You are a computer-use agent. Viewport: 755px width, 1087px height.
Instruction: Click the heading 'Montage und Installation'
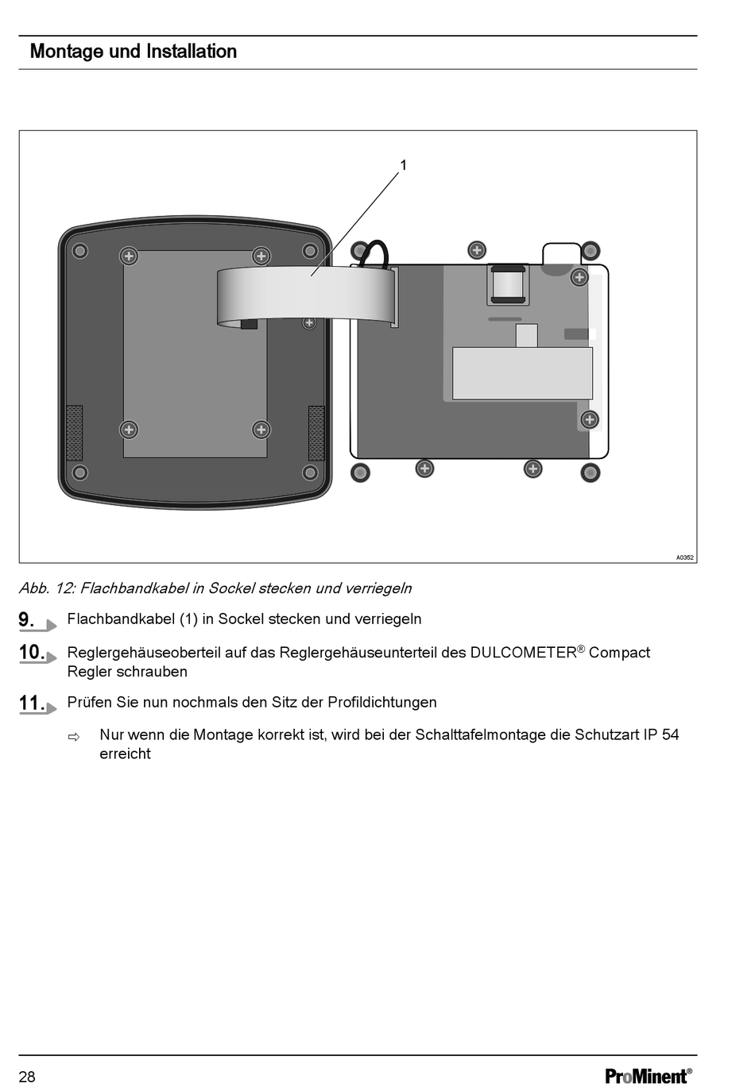pyautogui.click(x=134, y=52)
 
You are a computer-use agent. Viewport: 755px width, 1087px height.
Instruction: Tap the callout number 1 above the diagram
pyautogui.click(x=403, y=165)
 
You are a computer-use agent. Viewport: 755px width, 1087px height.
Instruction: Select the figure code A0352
pyautogui.click(x=684, y=557)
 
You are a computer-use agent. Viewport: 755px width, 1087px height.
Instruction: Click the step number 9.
pyautogui.click(x=26, y=619)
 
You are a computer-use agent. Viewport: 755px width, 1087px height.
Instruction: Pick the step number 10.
pyautogui.click(x=32, y=652)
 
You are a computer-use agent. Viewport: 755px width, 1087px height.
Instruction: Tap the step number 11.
pyautogui.click(x=32, y=703)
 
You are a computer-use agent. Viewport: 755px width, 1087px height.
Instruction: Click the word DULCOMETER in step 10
pyautogui.click(x=523, y=653)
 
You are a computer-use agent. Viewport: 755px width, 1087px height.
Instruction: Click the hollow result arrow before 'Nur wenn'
pyautogui.click(x=74, y=738)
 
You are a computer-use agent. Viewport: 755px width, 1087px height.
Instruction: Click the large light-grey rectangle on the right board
pyautogui.click(x=522, y=373)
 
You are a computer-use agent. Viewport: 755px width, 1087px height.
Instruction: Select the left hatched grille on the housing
pyautogui.click(x=75, y=433)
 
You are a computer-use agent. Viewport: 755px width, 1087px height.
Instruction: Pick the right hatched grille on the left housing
pyautogui.click(x=316, y=433)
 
